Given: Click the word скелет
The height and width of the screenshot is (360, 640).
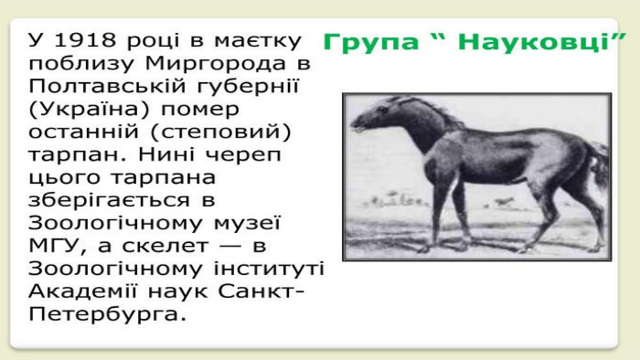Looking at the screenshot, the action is coord(165,246).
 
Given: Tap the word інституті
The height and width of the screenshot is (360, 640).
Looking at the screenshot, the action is coord(269,268).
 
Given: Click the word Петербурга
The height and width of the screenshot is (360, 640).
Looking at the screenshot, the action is coord(104,314).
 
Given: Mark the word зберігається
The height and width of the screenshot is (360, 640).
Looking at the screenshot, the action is coord(109,201).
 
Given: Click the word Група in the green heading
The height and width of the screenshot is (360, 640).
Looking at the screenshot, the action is coord(371,42).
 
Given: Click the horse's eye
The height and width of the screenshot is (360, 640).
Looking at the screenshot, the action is coord(382,110).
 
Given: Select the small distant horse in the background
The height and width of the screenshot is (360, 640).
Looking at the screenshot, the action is coord(505,201).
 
